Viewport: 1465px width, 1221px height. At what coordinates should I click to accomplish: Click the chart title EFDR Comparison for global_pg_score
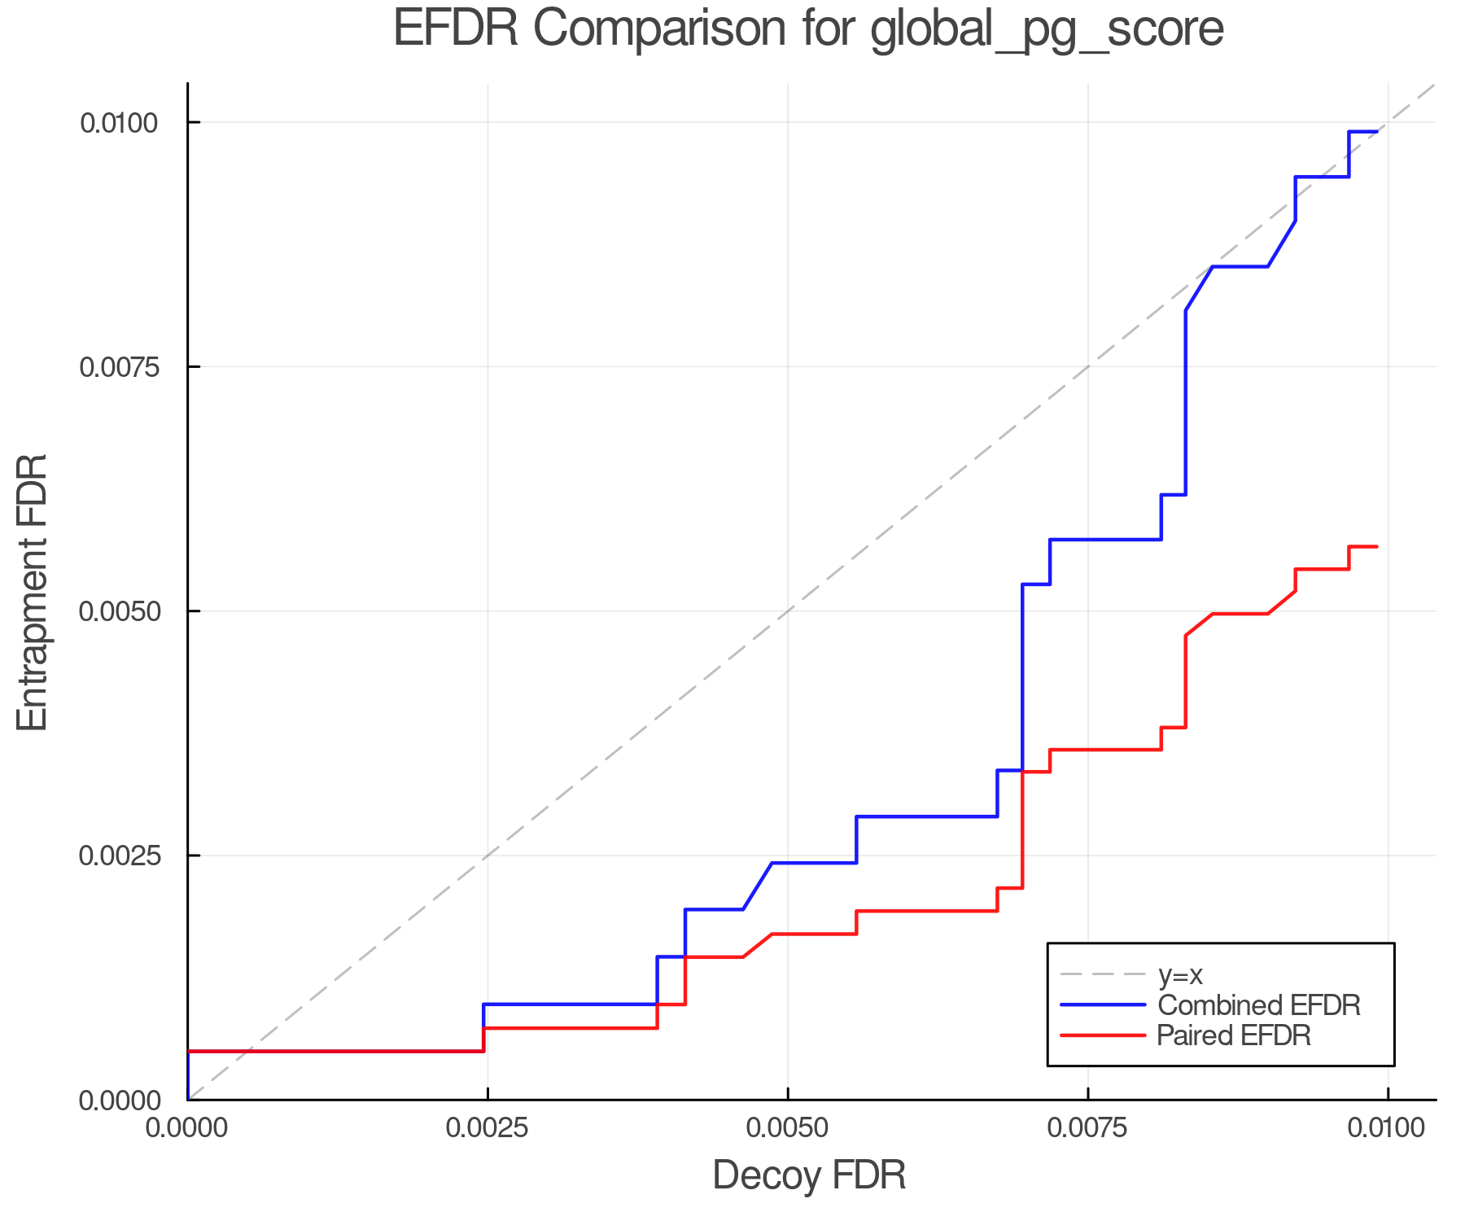pyautogui.click(x=808, y=29)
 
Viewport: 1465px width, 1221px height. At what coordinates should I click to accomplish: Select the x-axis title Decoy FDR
pyautogui.click(x=809, y=1175)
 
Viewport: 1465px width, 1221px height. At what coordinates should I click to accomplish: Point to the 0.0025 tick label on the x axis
pyautogui.click(x=487, y=1128)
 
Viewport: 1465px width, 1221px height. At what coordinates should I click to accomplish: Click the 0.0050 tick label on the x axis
pyautogui.click(x=787, y=1128)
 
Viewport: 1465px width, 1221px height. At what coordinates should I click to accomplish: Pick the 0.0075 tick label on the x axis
pyautogui.click(x=1087, y=1128)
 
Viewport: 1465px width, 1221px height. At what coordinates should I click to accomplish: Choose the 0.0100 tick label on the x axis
pyautogui.click(x=1388, y=1128)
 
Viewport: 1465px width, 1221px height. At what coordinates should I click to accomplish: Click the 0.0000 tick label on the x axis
pyautogui.click(x=187, y=1128)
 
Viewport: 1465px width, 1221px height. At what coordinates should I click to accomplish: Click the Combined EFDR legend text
pyautogui.click(x=1258, y=1005)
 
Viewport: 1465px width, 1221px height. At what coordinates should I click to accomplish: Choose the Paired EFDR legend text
pyautogui.click(x=1234, y=1035)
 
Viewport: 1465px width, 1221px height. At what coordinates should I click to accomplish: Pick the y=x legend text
pyautogui.click(x=1180, y=974)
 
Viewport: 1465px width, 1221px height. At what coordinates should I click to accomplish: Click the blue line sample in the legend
pyautogui.click(x=1103, y=1005)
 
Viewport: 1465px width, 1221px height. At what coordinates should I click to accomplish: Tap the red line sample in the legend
pyautogui.click(x=1103, y=1035)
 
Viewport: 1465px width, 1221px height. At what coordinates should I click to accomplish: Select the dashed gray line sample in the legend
pyautogui.click(x=1103, y=974)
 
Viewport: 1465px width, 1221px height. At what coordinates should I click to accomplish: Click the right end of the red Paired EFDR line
pyautogui.click(x=1376, y=546)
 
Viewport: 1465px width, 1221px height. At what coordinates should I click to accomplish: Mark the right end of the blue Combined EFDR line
pyautogui.click(x=1376, y=131)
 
